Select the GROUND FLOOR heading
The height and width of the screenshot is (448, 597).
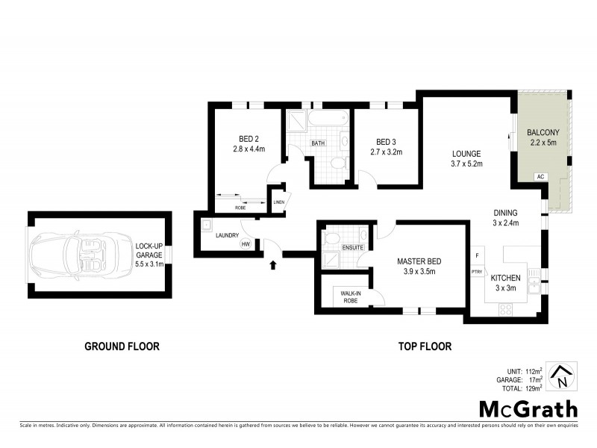122,346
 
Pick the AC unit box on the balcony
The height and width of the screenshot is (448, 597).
539,177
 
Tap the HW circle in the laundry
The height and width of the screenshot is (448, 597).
245,243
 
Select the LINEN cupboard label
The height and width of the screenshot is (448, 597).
278,202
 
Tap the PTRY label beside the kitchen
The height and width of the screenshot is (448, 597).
476,271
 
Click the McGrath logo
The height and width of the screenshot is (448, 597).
528,408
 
